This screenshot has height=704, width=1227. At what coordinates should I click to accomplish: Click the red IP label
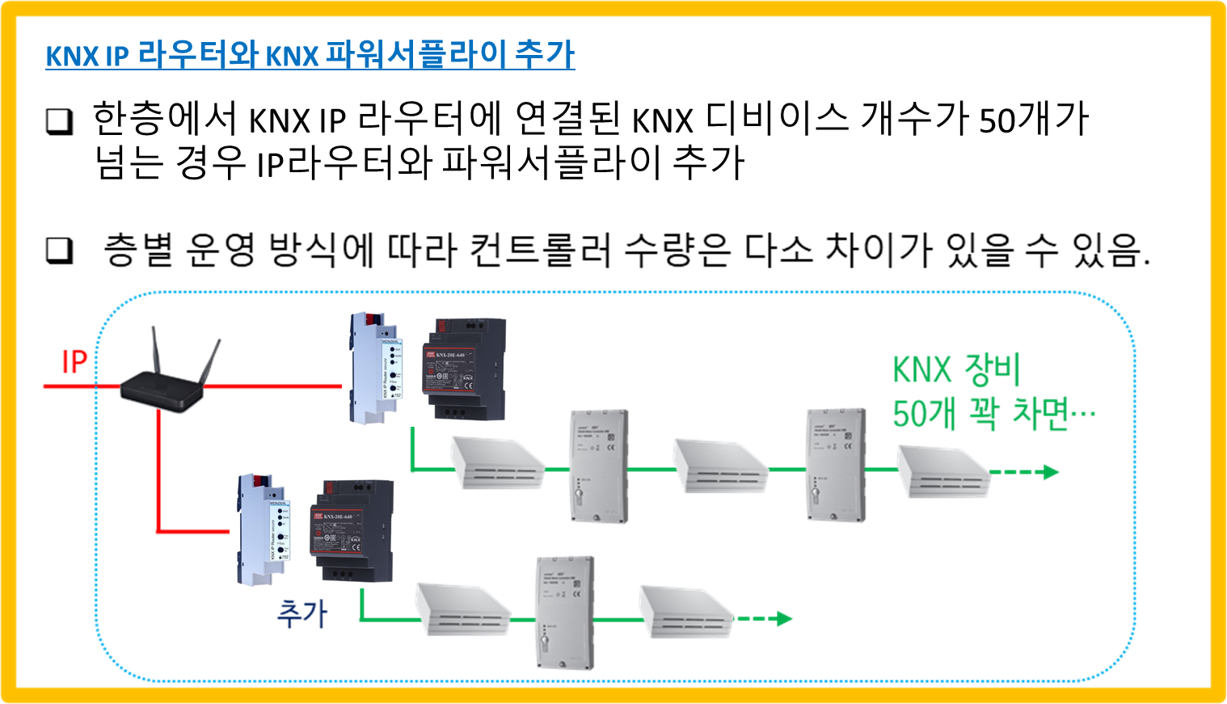(x=74, y=361)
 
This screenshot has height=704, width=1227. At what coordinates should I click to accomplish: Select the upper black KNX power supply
(x=467, y=368)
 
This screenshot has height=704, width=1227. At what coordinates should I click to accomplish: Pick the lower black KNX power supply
(x=355, y=529)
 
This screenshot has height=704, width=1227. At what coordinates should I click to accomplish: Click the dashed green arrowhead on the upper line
(x=1051, y=471)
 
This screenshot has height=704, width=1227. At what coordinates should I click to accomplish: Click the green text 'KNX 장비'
(x=956, y=370)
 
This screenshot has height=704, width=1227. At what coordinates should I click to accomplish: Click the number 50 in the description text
(x=997, y=120)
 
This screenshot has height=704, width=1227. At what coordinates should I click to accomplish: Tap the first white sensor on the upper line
(x=496, y=463)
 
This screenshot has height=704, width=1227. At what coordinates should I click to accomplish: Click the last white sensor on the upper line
(x=942, y=471)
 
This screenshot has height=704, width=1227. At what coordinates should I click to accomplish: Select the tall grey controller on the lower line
(x=565, y=613)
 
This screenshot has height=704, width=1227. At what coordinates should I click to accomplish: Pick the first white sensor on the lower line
(x=462, y=609)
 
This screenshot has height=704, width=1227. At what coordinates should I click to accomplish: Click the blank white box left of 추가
(x=200, y=620)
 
